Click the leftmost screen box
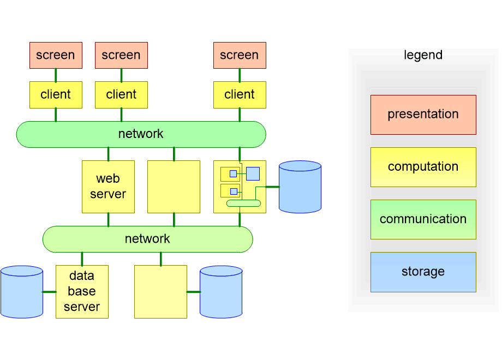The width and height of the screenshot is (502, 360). point(56,55)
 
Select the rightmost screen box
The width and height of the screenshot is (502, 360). point(240,55)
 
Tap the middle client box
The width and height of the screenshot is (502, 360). point(121,94)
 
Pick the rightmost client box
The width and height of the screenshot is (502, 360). point(240,94)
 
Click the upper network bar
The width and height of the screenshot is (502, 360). point(141,134)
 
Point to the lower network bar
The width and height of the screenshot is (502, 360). point(147,239)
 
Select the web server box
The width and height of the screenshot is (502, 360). point(108,187)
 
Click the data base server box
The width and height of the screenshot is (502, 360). point(82,291)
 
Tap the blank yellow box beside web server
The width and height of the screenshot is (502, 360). point(174,187)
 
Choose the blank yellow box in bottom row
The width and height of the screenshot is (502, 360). point(160,291)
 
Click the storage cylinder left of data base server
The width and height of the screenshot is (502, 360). point(22,291)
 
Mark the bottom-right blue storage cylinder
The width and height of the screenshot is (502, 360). point(221,291)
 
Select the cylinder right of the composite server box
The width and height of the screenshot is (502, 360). point(300,187)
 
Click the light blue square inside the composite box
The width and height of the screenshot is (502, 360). point(253,173)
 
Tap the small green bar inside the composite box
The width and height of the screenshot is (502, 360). point(243,203)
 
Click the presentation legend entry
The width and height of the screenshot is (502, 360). point(423,115)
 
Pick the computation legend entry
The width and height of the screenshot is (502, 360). point(423,167)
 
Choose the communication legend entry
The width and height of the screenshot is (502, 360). point(423,219)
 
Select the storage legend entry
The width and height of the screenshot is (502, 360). point(423,272)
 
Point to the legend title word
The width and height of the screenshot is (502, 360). point(423,55)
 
